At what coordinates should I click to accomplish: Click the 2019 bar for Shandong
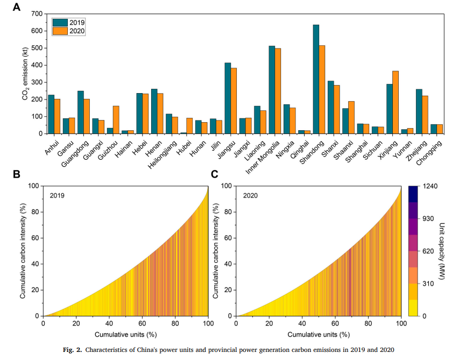click(x=316, y=79)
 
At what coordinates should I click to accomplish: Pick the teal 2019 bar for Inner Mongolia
click(x=272, y=90)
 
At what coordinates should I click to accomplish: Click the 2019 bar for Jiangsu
click(x=228, y=98)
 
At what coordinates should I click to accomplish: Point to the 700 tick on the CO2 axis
click(x=37, y=13)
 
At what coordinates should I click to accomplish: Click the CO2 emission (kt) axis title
click(x=25, y=73)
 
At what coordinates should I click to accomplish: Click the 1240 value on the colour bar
click(x=429, y=186)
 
